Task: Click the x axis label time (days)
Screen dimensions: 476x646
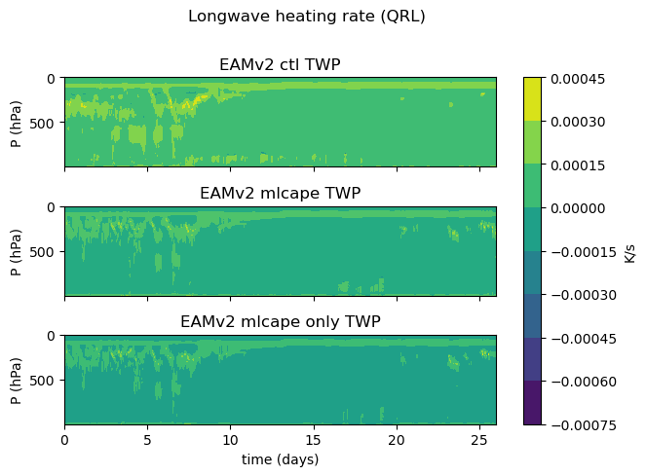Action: pos(280,458)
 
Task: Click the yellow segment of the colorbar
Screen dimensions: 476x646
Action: pos(533,99)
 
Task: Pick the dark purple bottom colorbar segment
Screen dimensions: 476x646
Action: pos(533,403)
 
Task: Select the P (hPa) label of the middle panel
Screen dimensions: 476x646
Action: pos(17,251)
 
